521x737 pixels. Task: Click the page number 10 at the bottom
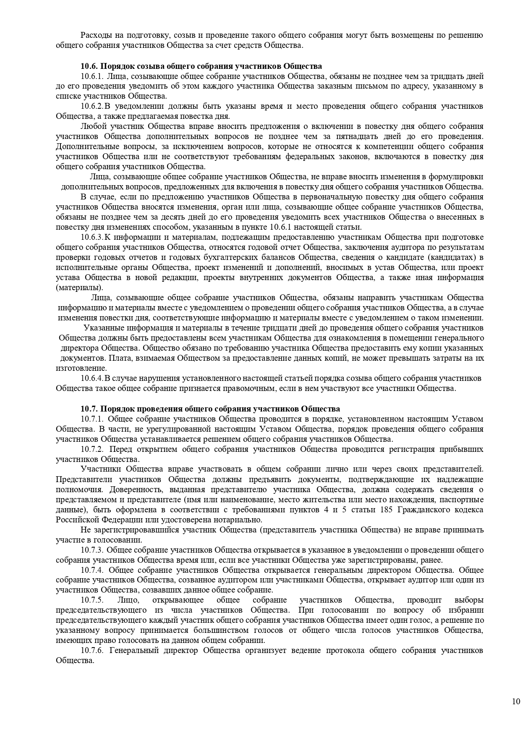516,701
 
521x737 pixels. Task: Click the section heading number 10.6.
89,66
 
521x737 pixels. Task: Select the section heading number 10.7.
89,409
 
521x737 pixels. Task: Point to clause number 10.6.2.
92,106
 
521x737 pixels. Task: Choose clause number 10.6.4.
92,378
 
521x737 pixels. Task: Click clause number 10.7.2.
92,449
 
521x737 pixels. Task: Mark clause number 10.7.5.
92,600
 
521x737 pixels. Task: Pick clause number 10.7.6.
92,650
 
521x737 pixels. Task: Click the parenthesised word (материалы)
79,288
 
